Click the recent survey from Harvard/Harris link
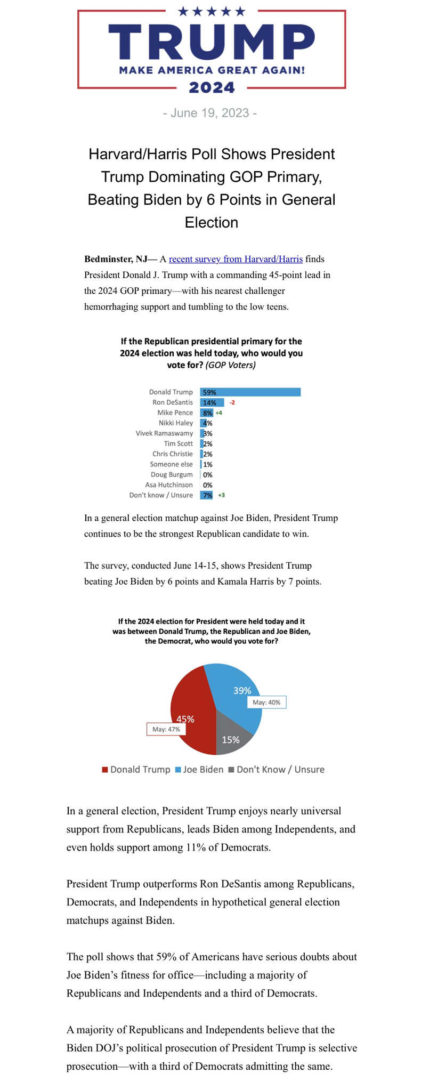(x=236, y=259)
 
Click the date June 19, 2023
(x=210, y=113)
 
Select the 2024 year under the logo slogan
(x=212, y=87)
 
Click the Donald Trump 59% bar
(x=250, y=392)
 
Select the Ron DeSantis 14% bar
(x=212, y=402)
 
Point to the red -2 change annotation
(x=232, y=402)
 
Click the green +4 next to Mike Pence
(x=218, y=413)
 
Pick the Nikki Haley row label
(x=176, y=423)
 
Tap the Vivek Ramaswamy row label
(x=164, y=433)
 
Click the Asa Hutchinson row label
(x=169, y=485)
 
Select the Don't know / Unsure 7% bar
(x=207, y=495)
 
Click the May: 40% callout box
(x=266, y=702)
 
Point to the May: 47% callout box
(x=166, y=729)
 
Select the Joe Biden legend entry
(x=199, y=770)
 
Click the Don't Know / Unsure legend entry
(x=276, y=770)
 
